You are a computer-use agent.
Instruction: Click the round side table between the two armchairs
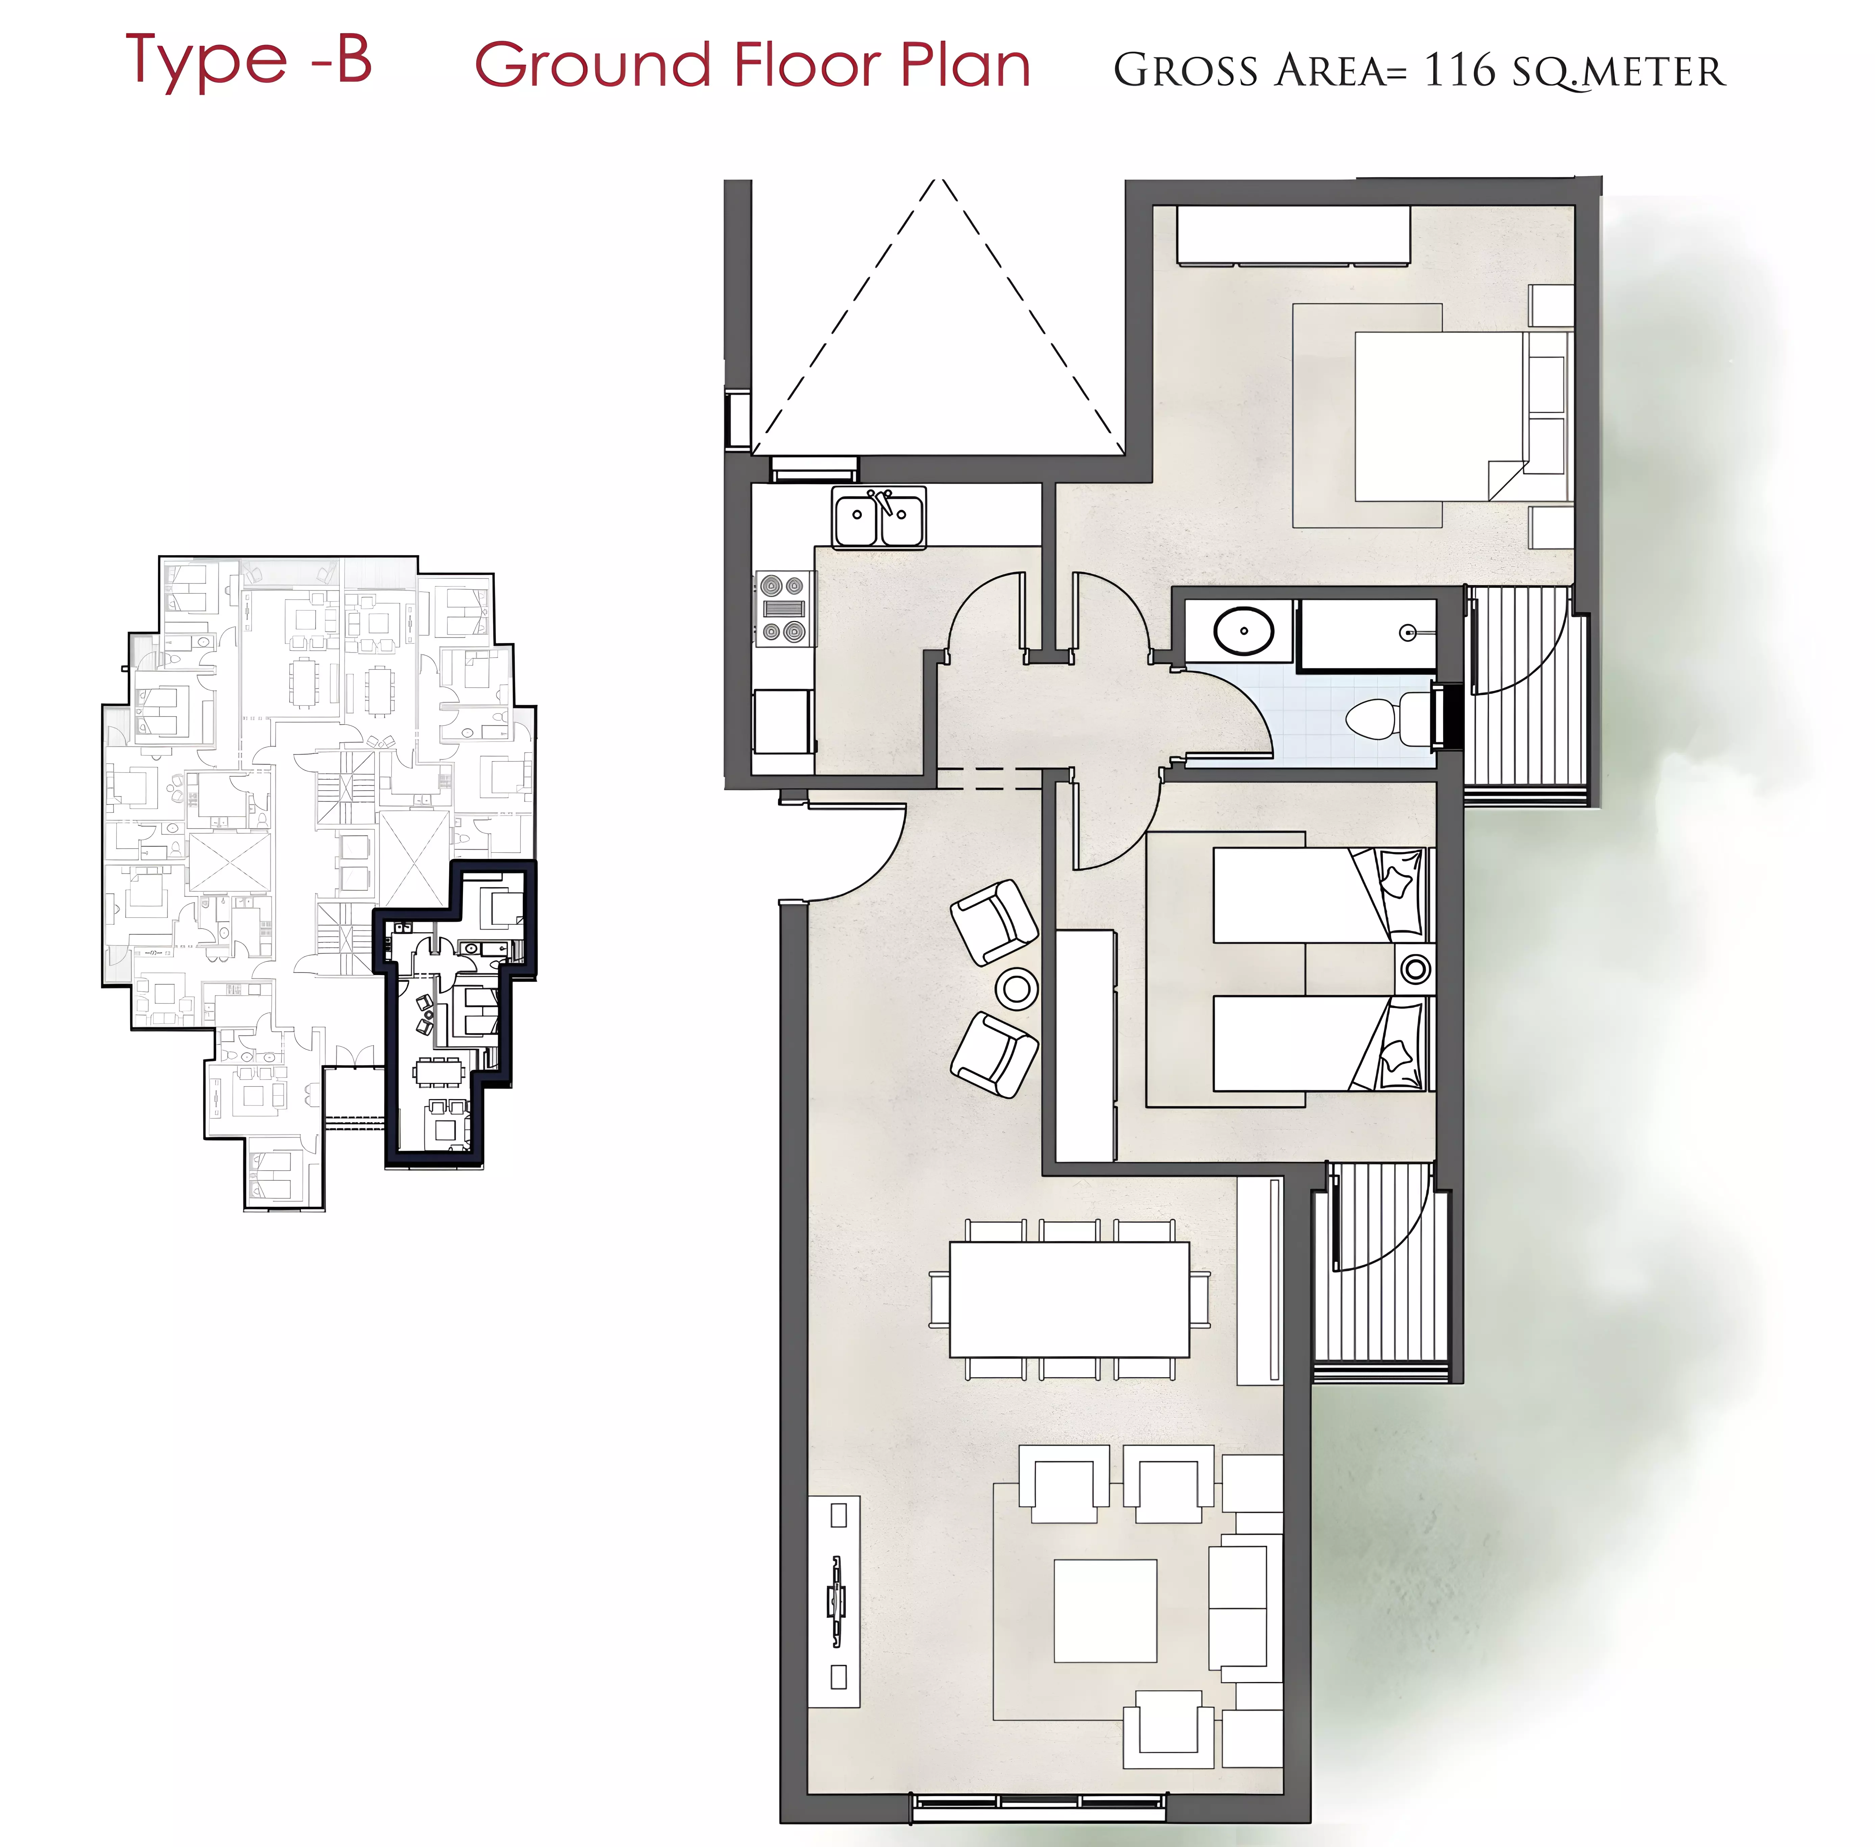(1016, 989)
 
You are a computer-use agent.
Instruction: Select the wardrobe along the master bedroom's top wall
(1293, 235)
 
